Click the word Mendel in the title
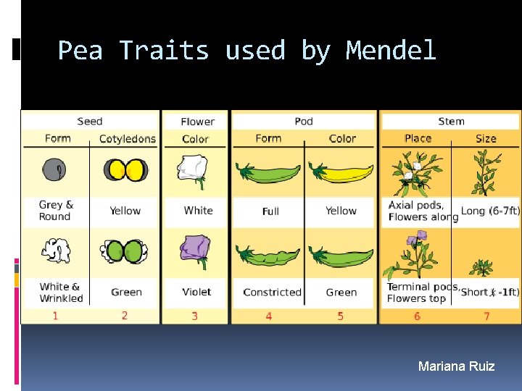point(391,51)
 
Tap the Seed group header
point(89,121)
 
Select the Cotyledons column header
point(127,138)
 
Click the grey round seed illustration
point(55,169)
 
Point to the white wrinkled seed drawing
point(55,251)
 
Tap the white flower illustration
point(194,171)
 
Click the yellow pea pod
point(341,172)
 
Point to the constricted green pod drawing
point(270,256)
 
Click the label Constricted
point(272,293)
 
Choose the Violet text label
point(196,292)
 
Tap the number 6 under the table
point(417,316)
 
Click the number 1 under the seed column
point(55,316)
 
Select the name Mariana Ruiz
point(456,366)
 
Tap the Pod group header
point(304,121)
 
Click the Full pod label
point(270,211)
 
